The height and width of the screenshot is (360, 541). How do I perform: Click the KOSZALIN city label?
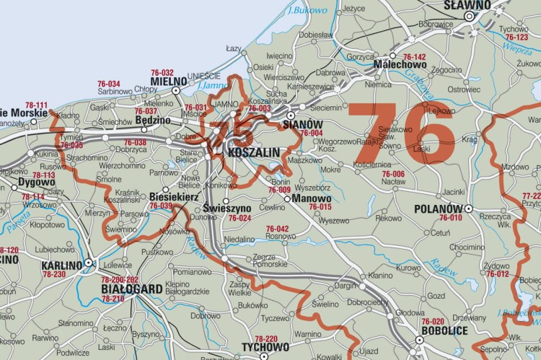click(248, 154)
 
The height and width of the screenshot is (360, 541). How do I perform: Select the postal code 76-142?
click(414, 57)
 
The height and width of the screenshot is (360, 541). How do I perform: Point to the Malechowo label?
click(399, 65)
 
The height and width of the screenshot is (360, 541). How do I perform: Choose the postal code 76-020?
click(433, 321)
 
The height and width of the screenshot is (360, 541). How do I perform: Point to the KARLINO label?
click(62, 265)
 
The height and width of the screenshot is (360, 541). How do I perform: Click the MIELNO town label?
click(167, 82)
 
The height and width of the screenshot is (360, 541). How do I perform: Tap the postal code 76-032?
click(162, 73)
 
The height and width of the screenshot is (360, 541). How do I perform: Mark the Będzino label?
click(153, 120)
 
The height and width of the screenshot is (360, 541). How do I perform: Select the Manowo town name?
click(312, 198)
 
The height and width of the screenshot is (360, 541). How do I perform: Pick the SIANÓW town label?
click(302, 124)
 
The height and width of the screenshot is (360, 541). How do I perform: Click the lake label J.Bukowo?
click(299, 11)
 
